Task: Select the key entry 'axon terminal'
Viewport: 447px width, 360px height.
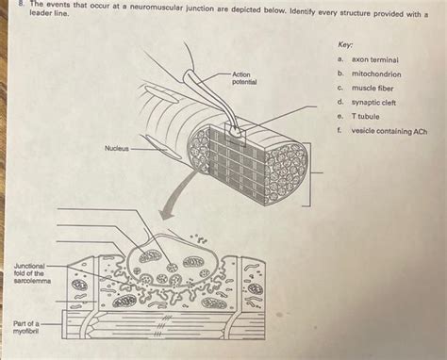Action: pos(375,58)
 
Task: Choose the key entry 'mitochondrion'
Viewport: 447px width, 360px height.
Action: pos(376,73)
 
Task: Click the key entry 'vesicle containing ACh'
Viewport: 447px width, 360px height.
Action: pos(389,131)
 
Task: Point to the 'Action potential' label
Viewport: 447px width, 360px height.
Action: pos(244,78)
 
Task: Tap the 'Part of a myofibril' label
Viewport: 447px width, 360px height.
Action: pos(27,328)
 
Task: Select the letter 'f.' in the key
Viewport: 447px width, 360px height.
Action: pos(338,131)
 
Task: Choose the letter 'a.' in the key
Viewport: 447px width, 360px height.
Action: pos(338,58)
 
